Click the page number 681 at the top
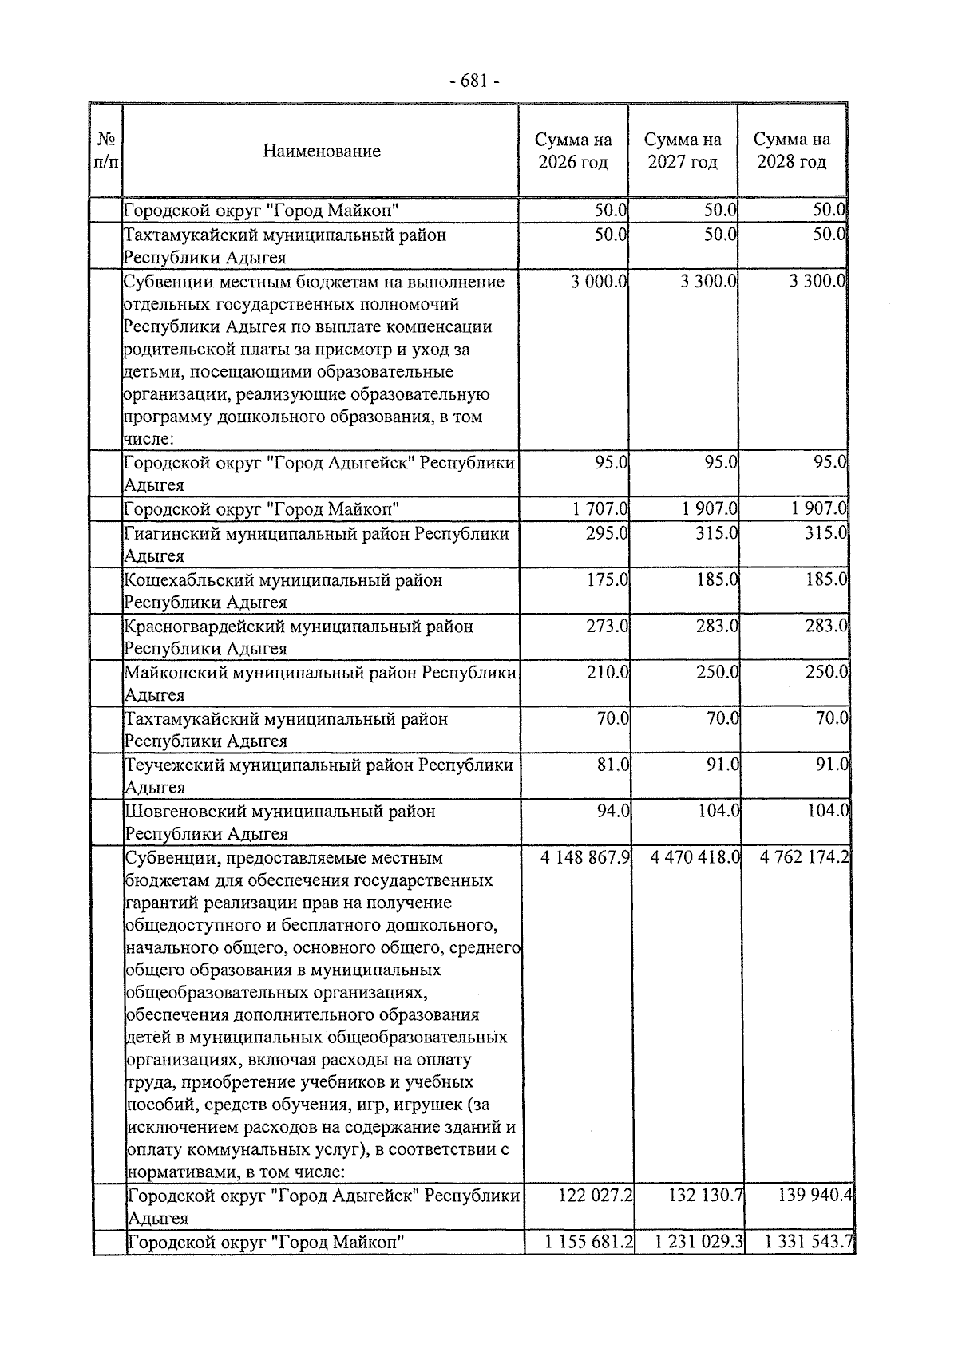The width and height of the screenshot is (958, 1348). pyautogui.click(x=474, y=81)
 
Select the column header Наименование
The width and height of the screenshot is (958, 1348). pyautogui.click(x=322, y=151)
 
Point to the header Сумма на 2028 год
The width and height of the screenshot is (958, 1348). pyautogui.click(x=791, y=151)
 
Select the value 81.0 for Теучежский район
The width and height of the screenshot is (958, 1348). pyautogui.click(x=613, y=765)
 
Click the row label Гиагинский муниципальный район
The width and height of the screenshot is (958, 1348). pyautogui.click(x=315, y=533)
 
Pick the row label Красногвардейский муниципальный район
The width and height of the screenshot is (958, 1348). pyautogui.click(x=299, y=627)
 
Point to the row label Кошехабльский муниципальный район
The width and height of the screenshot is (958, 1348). pyautogui.click(x=283, y=580)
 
